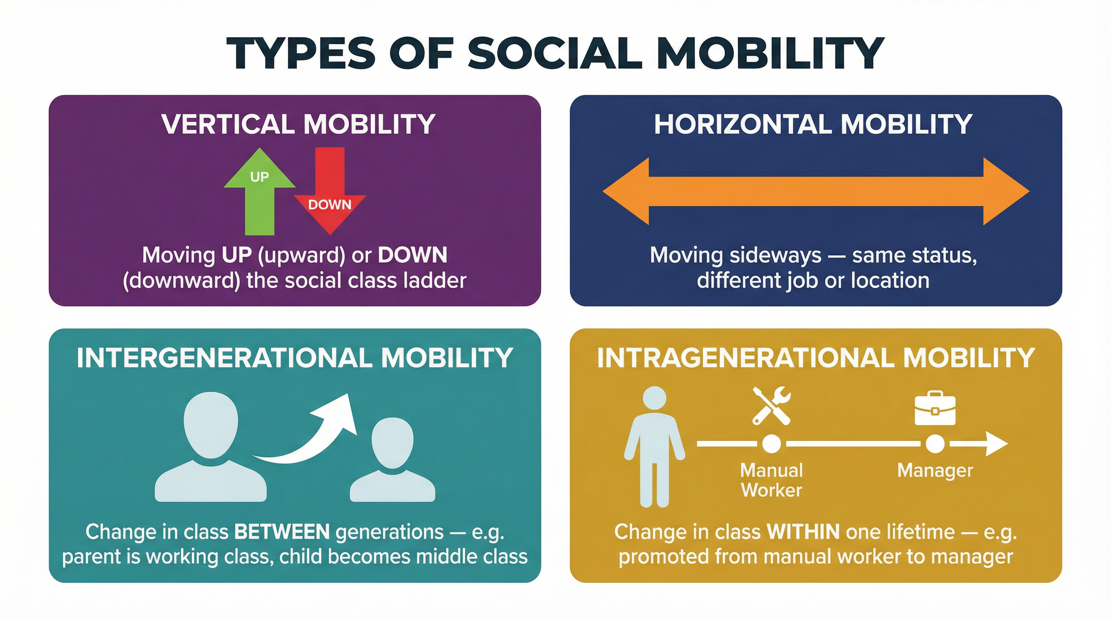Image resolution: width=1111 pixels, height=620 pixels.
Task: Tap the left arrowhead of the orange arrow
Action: point(625,191)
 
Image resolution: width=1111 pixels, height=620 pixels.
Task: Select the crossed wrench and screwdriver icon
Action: point(771,406)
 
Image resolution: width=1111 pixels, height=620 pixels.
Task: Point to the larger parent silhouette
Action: point(210,448)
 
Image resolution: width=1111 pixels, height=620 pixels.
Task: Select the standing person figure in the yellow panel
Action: point(654,446)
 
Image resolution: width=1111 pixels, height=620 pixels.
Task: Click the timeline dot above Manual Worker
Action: point(771,444)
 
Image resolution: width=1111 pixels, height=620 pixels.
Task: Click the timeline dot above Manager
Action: point(935,444)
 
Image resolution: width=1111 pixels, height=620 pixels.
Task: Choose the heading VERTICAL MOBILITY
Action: point(298,124)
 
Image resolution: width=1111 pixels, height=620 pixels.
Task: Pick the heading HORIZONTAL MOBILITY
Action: point(813,124)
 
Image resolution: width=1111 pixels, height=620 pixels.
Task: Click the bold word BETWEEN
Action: point(282,532)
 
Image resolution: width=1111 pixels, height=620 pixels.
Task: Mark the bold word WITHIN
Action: point(803,532)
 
